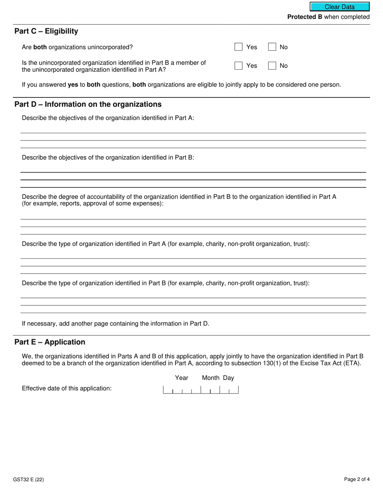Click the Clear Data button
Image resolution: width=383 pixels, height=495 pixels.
click(x=339, y=7)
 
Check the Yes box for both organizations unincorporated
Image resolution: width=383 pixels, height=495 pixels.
click(x=239, y=47)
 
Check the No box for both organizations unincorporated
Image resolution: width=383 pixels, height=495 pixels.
click(x=272, y=47)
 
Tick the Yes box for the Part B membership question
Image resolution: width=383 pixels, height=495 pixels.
click(x=239, y=66)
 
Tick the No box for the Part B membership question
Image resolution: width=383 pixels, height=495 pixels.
click(x=272, y=66)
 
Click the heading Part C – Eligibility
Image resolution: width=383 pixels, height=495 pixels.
click(x=46, y=31)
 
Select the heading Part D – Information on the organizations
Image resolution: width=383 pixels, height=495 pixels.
click(x=88, y=105)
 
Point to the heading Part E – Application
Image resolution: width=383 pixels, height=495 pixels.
click(x=50, y=342)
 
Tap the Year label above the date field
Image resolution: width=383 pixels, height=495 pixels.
click(x=181, y=378)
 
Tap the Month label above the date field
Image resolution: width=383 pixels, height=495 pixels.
click(x=210, y=378)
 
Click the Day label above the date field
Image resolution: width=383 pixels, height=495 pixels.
click(x=229, y=378)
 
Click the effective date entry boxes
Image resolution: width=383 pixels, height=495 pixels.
click(x=200, y=390)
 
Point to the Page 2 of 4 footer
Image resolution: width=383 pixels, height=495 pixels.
click(x=357, y=479)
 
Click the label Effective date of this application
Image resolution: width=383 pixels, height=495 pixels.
click(x=67, y=388)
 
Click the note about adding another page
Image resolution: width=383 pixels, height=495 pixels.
click(x=115, y=324)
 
